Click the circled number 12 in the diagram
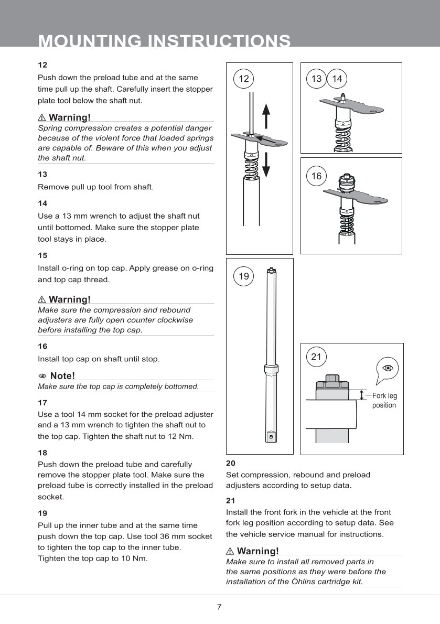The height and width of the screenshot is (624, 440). coord(243,79)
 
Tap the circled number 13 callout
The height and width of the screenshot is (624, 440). coord(316,79)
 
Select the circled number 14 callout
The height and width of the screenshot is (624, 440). coord(337,79)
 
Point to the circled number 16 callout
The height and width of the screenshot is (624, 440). coord(316,176)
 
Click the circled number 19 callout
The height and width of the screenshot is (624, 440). coord(243,276)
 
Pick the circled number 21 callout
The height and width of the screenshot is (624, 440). coord(316,357)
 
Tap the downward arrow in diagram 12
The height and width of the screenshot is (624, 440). coord(266,165)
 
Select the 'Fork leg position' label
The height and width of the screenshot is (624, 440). coord(384,401)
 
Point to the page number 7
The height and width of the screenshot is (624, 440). coord(219,607)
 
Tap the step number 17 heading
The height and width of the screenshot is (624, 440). coord(42,403)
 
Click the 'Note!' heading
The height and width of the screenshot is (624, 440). coord(62,375)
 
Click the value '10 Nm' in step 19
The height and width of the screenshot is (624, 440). coord(136,558)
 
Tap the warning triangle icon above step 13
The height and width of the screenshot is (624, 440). coord(42,116)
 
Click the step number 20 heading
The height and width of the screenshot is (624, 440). coord(231,464)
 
